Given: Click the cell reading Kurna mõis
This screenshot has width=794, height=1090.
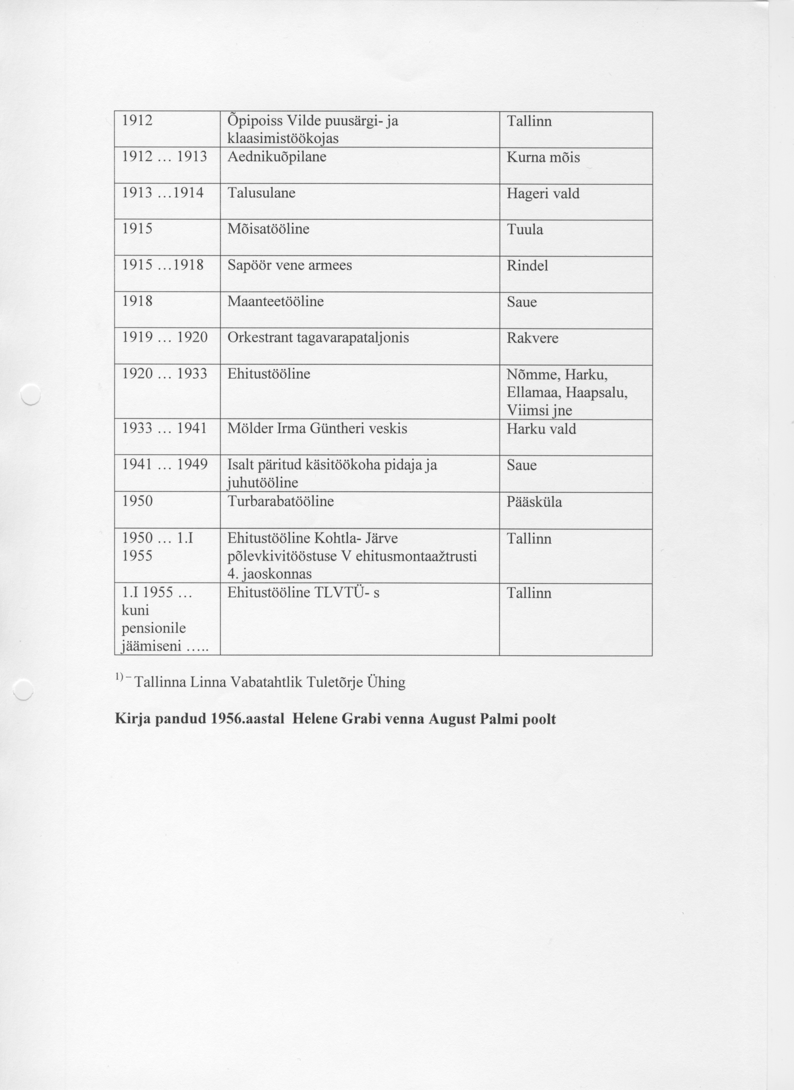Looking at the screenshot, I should click(543, 158).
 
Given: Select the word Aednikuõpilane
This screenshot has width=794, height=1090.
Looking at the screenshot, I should click(277, 157).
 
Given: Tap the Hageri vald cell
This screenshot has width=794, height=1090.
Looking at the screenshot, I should click(543, 194).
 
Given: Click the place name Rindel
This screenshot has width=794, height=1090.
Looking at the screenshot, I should click(527, 266).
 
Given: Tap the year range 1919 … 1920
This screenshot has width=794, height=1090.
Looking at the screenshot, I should click(164, 337).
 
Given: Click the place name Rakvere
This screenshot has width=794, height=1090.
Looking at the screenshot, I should click(532, 338).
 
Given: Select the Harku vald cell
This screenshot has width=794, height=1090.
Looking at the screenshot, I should click(541, 429).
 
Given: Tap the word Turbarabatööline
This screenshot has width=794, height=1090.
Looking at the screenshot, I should click(281, 501).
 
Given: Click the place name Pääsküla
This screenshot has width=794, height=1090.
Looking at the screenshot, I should click(534, 502).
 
